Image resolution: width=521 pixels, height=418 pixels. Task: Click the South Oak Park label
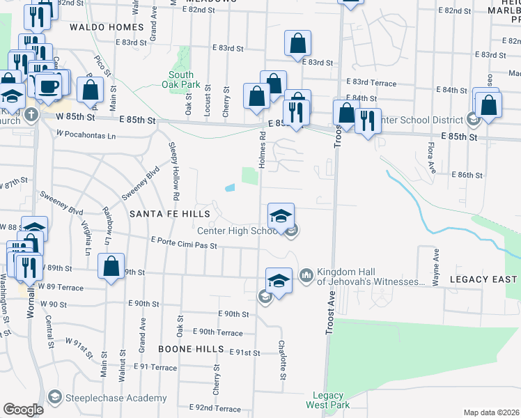tap(180, 79)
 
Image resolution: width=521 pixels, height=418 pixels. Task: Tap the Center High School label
tap(238, 231)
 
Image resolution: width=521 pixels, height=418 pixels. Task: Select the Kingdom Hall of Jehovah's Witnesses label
tap(371, 277)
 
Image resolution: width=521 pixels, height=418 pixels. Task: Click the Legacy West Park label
tap(329, 400)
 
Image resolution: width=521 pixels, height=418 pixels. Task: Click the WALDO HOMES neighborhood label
tap(107, 28)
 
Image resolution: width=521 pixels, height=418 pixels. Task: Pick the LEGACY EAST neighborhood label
tap(483, 279)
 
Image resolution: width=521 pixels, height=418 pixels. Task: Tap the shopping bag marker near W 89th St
tap(111, 266)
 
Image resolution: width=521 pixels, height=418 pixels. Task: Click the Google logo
tap(23, 410)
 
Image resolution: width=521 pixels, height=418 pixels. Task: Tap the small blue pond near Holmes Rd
tap(230, 187)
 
